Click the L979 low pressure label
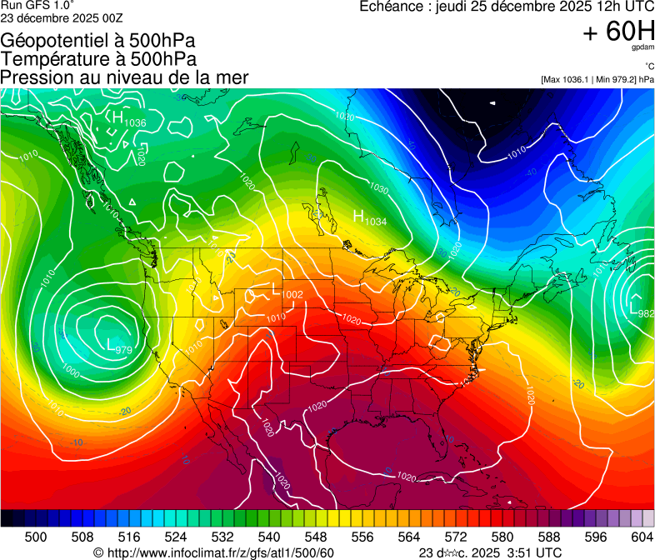pos(119,345)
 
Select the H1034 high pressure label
pos(370,218)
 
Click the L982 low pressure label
pos(641,311)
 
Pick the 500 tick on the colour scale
pos(36,537)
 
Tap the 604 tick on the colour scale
pos(641,537)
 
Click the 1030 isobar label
pos(379,188)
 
